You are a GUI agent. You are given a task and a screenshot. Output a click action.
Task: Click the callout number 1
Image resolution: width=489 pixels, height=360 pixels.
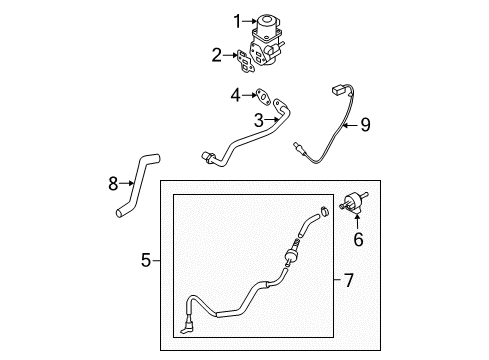coord(237,21)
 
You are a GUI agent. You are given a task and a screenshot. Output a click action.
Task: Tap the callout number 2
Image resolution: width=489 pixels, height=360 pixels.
coord(217,55)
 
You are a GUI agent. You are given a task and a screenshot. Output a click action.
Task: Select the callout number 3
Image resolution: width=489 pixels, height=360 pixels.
coord(259,120)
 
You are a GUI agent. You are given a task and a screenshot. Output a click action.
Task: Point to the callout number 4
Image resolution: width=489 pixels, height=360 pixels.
coord(235,95)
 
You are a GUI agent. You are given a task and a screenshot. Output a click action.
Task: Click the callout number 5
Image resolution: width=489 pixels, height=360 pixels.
coord(146,260)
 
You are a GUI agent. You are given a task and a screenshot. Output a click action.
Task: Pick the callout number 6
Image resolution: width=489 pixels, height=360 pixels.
coord(358,239)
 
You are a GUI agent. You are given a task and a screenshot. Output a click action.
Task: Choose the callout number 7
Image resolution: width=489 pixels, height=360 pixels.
coord(349,280)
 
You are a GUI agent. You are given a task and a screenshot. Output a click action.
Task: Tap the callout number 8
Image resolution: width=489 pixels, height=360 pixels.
coord(113,183)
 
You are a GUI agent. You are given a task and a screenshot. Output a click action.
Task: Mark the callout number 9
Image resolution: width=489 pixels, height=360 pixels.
coord(366,125)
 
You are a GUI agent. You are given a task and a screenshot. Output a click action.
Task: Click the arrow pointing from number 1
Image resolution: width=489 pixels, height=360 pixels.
coord(249,21)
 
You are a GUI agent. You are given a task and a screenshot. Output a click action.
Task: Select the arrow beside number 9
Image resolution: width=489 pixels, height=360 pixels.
coord(350,125)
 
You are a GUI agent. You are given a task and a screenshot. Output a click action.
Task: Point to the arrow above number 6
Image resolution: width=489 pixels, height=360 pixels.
coord(358,222)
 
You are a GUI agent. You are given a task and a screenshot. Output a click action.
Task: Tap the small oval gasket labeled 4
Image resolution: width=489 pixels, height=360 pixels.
coord(263,97)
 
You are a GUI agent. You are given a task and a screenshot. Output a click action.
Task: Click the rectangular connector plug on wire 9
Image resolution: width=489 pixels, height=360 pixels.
coord(338,90)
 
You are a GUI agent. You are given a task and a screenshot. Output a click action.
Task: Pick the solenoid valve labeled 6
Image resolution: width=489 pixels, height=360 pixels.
coord(354,201)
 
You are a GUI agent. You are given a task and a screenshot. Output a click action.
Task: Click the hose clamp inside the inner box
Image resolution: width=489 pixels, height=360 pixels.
coord(324,211)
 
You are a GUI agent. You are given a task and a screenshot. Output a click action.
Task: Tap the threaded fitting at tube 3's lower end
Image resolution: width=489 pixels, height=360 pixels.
coord(207,157)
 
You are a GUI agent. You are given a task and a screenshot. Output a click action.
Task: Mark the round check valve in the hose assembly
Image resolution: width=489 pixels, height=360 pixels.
coord(291,256)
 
